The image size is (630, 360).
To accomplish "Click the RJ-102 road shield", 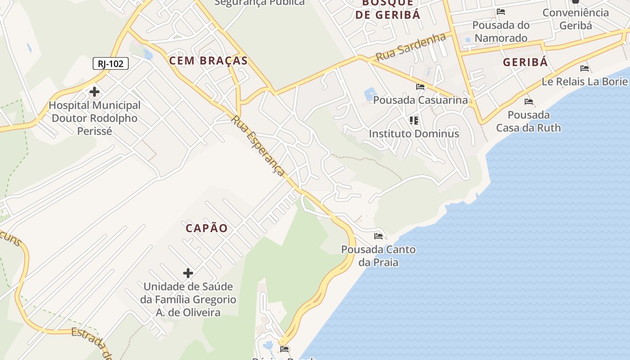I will [111, 63].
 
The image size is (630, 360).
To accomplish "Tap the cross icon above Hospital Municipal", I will [94, 92].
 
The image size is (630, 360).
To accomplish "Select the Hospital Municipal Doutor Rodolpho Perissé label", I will [94, 118].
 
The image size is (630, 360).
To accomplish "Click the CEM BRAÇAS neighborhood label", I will [208, 61].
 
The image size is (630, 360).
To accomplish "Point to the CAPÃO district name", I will [207, 228].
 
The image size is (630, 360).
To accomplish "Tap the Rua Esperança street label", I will [258, 146].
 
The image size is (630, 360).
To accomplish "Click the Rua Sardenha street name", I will [410, 47].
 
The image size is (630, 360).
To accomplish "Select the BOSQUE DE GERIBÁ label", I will [387, 9].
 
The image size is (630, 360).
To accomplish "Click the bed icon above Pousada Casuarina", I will [420, 86].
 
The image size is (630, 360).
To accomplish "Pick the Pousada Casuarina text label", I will [420, 100].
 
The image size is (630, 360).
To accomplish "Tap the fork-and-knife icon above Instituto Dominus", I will [414, 120].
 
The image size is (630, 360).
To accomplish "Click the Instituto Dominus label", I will [414, 134].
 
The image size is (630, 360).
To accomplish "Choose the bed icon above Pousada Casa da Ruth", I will [529, 102].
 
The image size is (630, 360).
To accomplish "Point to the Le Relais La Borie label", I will [584, 81].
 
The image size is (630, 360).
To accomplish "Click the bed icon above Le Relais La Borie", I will [585, 68].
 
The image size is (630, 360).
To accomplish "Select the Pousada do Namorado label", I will [501, 31].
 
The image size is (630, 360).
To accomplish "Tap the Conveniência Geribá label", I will [576, 19].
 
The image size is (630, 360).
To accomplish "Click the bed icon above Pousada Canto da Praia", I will [378, 236].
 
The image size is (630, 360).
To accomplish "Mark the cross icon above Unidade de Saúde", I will [188, 273].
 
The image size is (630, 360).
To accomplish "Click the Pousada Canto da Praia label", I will [378, 256].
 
